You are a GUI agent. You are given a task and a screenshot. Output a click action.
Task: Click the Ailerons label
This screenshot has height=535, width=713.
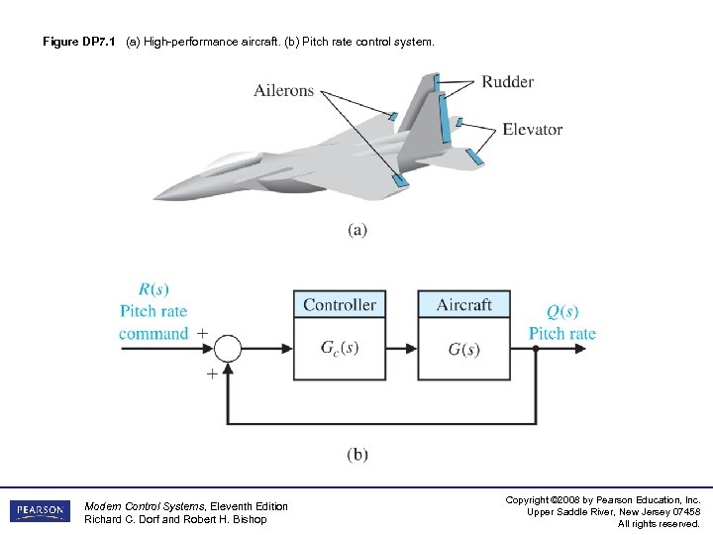283,90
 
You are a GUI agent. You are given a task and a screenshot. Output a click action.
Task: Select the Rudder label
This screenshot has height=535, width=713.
508,81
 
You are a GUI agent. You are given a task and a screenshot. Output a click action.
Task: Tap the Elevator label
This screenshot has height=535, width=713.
532,129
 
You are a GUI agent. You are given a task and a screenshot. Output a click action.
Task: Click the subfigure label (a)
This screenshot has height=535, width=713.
357,230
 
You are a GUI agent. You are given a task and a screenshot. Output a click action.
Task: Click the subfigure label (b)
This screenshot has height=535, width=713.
357,455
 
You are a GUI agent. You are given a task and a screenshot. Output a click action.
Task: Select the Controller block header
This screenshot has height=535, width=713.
340,304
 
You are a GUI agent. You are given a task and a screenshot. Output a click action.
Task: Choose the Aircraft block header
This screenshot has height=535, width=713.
463,304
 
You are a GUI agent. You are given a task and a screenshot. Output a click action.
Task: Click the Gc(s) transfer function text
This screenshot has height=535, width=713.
340,349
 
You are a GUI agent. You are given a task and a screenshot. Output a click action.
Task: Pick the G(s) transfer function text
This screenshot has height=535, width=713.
463,349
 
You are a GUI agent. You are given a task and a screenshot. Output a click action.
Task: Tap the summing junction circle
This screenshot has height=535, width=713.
228,349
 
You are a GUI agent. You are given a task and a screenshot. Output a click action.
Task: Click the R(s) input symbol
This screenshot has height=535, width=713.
153,289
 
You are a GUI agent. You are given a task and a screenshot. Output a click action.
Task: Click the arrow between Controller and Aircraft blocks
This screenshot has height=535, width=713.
401,349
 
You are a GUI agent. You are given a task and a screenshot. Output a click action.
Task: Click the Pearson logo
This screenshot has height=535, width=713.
41,511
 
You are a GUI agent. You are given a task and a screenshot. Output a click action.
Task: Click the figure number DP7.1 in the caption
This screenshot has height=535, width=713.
99,43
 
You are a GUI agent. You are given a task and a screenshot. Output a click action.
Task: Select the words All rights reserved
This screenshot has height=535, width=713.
659,524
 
